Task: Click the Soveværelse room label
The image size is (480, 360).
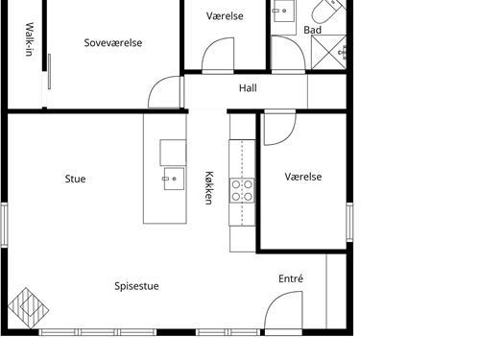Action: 113,43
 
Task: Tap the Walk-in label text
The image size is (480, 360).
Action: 29,39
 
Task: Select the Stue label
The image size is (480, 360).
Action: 75,179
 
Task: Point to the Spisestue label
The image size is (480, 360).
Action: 136,286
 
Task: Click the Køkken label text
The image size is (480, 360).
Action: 208,188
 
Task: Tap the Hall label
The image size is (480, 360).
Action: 248,88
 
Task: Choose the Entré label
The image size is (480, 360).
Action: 291,278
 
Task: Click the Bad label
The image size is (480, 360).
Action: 312,30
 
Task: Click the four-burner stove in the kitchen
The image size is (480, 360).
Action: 242,190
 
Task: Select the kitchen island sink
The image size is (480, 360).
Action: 174,179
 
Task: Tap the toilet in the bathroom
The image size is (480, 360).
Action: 328,12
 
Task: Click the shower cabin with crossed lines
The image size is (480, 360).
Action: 328,52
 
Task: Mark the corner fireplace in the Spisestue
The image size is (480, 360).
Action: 28,308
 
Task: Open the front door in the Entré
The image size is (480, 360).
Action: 283,310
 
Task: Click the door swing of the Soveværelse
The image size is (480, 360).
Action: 164,92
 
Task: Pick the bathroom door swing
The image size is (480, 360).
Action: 288,53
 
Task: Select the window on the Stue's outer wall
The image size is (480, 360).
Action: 4,225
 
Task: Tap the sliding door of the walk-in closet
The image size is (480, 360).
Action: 49,71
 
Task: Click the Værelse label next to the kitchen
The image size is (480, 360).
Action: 303,177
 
